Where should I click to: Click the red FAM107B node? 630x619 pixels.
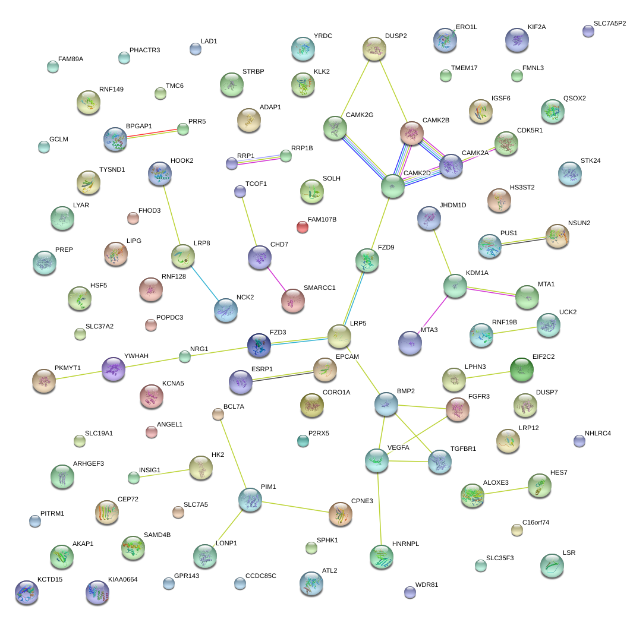coord(302,226)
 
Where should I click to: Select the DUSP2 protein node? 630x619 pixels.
coord(374,49)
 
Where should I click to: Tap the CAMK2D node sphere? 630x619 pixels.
coord(392,186)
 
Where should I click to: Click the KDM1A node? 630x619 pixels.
coord(455,286)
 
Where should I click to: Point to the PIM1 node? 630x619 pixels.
coord(250,500)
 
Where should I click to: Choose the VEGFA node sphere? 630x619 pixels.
coord(377,460)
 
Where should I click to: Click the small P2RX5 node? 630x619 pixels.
coord(303,440)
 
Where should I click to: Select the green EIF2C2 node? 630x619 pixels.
coord(521,369)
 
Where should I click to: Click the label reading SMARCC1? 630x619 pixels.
coord(319,288)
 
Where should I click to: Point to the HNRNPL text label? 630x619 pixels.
coord(406,544)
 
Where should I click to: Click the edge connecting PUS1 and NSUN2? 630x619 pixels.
coord(523,241)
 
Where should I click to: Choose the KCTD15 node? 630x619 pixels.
coord(26,592)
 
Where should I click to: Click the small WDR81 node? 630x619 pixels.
coord(409,592)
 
